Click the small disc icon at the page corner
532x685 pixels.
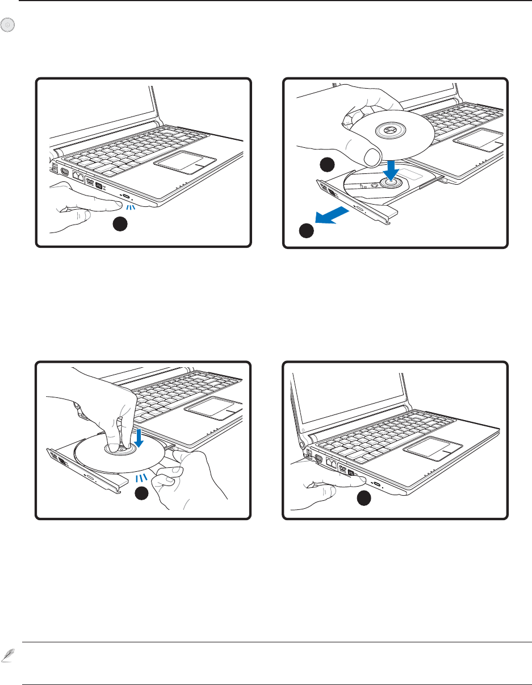(7, 25)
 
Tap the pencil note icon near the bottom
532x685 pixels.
(7, 655)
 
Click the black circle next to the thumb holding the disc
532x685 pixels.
(326, 165)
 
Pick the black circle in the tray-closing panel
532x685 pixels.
(364, 499)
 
